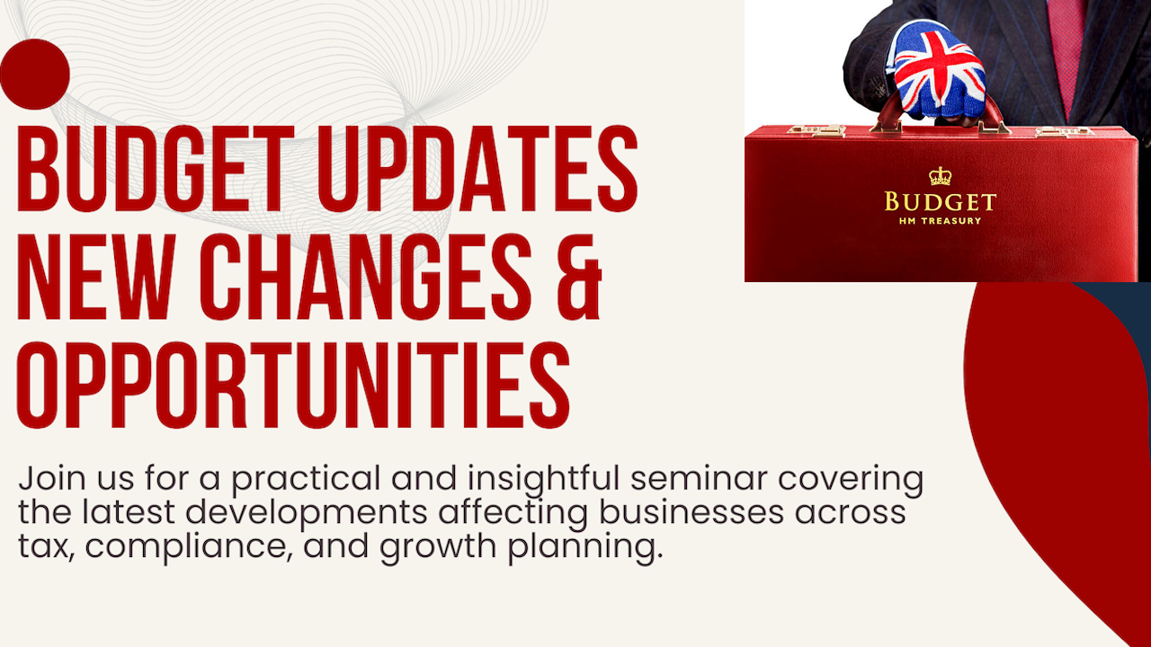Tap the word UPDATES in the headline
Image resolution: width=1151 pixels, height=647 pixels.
tap(477, 168)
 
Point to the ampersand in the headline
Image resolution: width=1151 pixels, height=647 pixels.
tap(578, 277)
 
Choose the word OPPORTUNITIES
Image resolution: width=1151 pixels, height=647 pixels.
tap(293, 385)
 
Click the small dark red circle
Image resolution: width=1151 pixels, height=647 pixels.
tap(35, 74)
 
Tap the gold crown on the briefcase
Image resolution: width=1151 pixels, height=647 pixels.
tap(940, 176)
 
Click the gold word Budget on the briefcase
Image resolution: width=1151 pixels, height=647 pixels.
tap(940, 202)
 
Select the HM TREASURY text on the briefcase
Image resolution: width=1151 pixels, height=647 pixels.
tap(940, 221)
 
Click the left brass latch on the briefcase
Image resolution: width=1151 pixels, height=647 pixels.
tap(817, 131)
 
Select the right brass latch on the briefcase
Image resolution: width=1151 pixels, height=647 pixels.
tap(1064, 132)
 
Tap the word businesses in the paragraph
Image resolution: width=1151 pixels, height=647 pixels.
tap(691, 512)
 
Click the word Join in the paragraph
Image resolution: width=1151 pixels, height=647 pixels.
tap(52, 480)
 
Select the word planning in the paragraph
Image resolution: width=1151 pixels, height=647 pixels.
tap(585, 547)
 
